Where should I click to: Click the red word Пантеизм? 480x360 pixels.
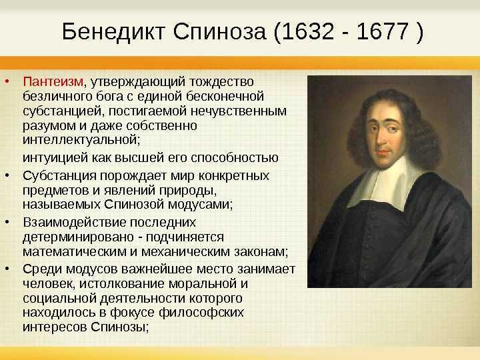(53, 82)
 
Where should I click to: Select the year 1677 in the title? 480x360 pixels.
(383, 31)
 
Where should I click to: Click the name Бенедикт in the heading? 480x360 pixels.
(114, 32)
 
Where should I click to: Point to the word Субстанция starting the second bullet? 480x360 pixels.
(60, 176)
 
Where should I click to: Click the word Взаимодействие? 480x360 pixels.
(75, 222)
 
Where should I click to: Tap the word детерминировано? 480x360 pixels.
(79, 237)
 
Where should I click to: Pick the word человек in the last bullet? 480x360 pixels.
(49, 284)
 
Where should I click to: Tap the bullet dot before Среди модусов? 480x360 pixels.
(7, 269)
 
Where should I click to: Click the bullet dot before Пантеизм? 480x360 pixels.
(7, 81)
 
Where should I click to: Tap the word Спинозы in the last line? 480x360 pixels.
(119, 327)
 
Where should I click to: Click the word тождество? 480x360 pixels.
(221, 82)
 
